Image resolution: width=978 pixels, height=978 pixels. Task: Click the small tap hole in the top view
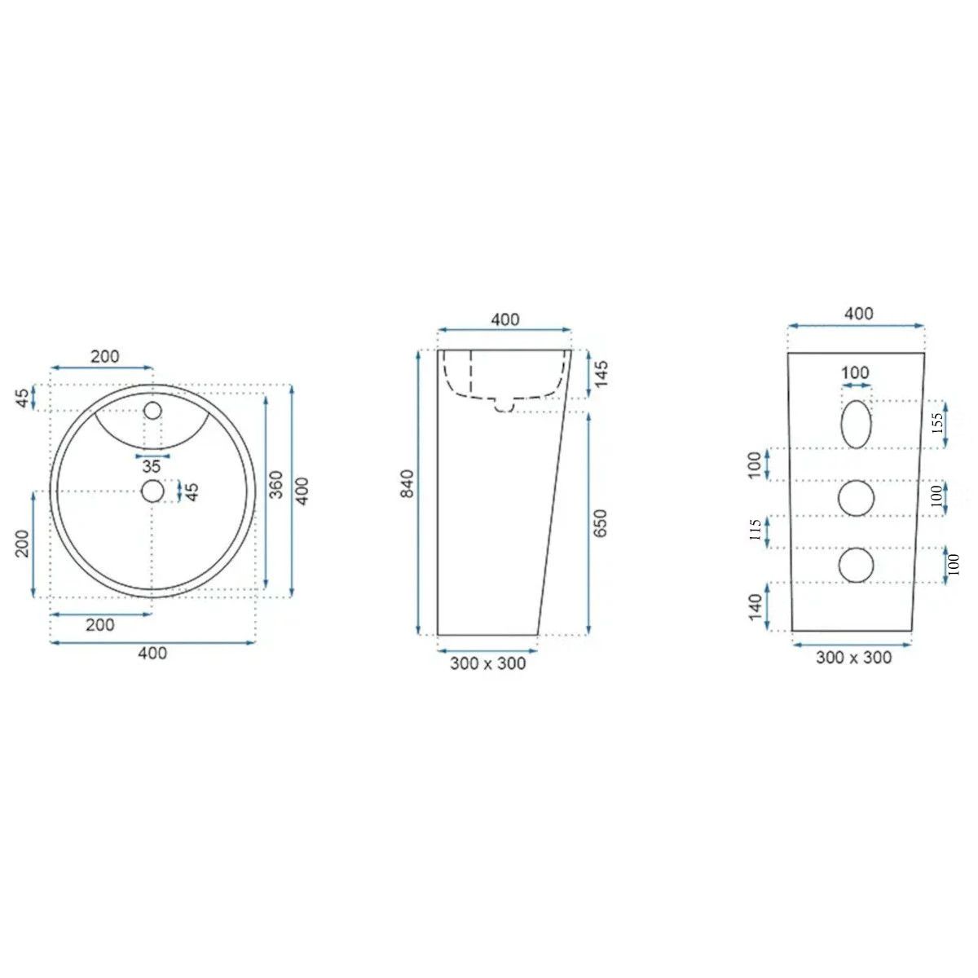pyautogui.click(x=152, y=410)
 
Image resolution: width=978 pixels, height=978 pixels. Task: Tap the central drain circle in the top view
pyautogui.click(x=152, y=491)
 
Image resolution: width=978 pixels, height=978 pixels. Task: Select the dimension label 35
pyautogui.click(x=152, y=466)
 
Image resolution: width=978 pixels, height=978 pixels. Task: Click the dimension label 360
pyautogui.click(x=275, y=485)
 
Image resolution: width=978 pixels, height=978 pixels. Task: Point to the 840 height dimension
pyautogui.click(x=407, y=483)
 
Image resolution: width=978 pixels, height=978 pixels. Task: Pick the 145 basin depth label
pyautogui.click(x=601, y=374)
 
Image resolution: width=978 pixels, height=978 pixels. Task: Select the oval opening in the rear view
pyautogui.click(x=857, y=424)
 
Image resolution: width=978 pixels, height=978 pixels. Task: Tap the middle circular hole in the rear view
pyautogui.click(x=857, y=498)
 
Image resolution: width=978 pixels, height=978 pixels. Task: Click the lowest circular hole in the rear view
pyautogui.click(x=857, y=565)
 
